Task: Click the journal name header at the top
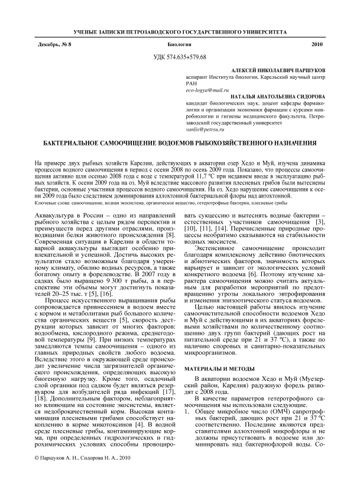[180, 30]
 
